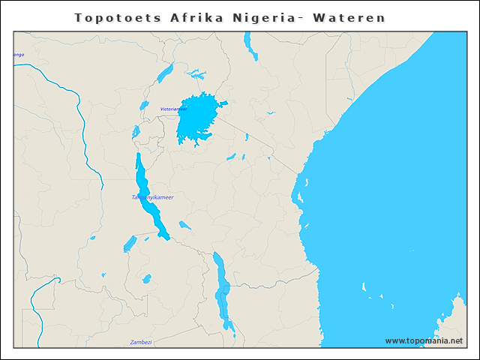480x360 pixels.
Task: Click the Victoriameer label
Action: point(174,109)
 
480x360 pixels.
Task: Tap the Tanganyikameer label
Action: point(152,197)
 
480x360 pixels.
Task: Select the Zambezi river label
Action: point(140,342)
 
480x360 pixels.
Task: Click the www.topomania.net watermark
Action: point(424,340)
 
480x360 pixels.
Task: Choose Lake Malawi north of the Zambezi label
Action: point(222,289)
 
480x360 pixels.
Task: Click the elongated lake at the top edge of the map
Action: point(250,46)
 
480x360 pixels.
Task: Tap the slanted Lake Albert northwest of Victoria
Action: point(165,73)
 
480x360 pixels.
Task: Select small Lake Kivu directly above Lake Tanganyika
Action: point(136,132)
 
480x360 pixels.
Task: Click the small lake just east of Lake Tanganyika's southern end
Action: point(184,225)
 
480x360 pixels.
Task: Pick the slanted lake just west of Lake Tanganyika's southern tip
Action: point(130,244)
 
